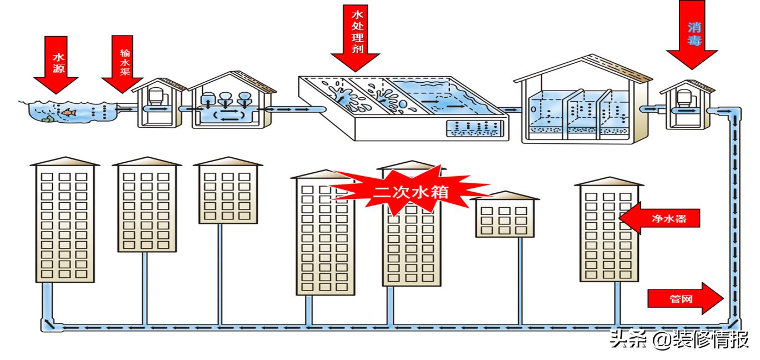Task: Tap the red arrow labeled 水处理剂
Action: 356,39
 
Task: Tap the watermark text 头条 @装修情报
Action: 678,339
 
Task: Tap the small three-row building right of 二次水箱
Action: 504,217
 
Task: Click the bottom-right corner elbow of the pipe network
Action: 734,322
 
